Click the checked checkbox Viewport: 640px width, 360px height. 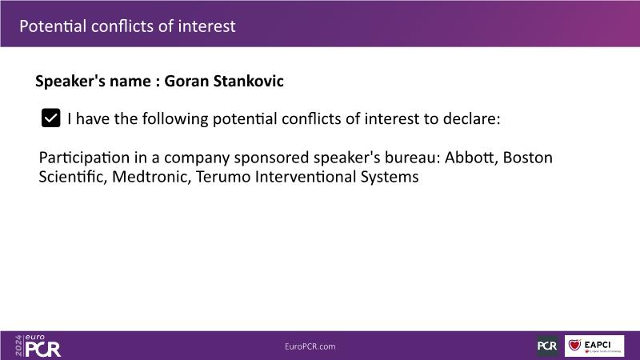pyautogui.click(x=51, y=118)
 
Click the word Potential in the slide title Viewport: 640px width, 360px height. pyautogui.click(x=53, y=26)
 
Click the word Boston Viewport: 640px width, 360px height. pyautogui.click(x=528, y=157)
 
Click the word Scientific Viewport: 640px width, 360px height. pyautogui.click(x=73, y=177)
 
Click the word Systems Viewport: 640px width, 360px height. pyautogui.click(x=390, y=177)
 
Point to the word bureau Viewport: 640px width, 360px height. pyautogui.click(x=412, y=157)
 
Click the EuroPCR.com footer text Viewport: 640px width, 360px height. pyautogui.click(x=310, y=346)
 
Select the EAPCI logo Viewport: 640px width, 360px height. pyautogui.click(x=594, y=346)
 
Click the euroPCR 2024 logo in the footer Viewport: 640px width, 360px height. pyautogui.click(x=38, y=346)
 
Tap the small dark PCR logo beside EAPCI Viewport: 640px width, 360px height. pyautogui.click(x=547, y=346)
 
